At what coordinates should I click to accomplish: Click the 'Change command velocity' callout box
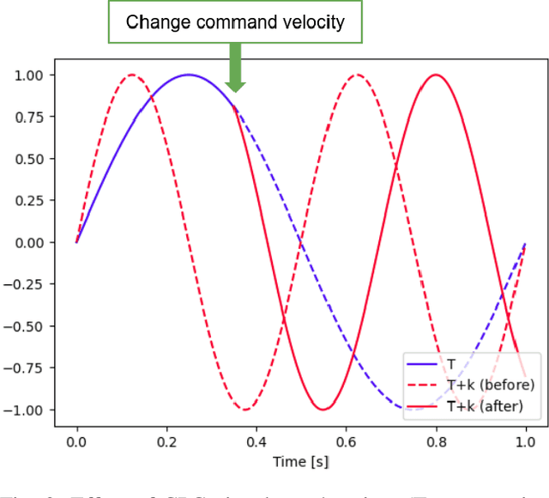click(235, 23)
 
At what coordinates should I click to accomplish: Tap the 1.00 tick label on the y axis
click(30, 76)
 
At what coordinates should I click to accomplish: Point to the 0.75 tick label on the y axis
click(30, 118)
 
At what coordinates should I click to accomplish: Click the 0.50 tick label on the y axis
click(30, 159)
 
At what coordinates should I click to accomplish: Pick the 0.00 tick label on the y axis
click(30, 243)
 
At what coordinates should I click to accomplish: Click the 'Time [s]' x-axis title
click(300, 462)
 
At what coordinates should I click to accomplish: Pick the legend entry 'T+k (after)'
click(486, 405)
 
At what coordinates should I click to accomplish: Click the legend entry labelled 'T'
click(452, 364)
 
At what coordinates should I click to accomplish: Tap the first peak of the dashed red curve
click(132, 75)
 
